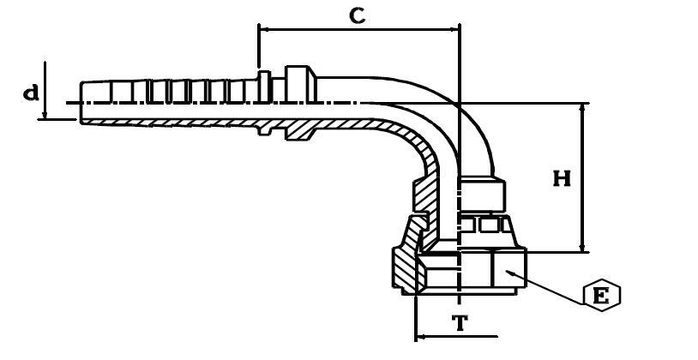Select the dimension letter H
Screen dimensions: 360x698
pyautogui.click(x=562, y=178)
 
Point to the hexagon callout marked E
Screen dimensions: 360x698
pyautogui.click(x=601, y=296)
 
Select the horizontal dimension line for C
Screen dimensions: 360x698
pyautogui.click(x=358, y=29)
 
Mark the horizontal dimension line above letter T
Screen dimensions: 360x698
pyautogui.click(x=454, y=335)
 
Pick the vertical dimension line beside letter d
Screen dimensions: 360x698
pyautogui.click(x=45, y=90)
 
